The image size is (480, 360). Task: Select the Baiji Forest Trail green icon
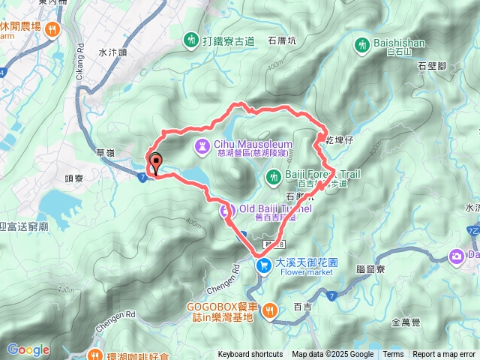point(274,176)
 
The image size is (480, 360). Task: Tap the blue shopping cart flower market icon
point(262,265)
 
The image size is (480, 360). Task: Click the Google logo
point(28,349)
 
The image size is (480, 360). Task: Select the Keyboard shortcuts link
point(250,355)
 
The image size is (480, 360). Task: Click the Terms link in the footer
point(393,355)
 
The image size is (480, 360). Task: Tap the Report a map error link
point(445,355)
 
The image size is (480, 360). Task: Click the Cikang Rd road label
point(81,58)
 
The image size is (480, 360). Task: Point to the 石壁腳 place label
point(433,67)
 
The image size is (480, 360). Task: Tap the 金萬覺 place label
point(406,324)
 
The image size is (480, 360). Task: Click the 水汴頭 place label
point(112,53)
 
